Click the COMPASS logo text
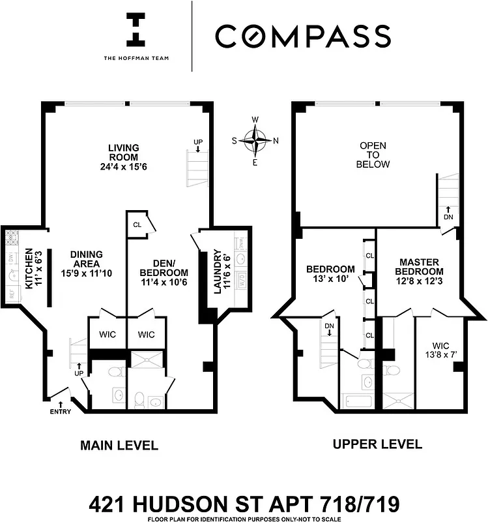click(x=303, y=37)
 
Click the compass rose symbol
click(x=255, y=139)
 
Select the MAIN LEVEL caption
click(x=119, y=446)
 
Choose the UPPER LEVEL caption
click(x=377, y=445)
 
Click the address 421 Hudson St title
click(x=244, y=504)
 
